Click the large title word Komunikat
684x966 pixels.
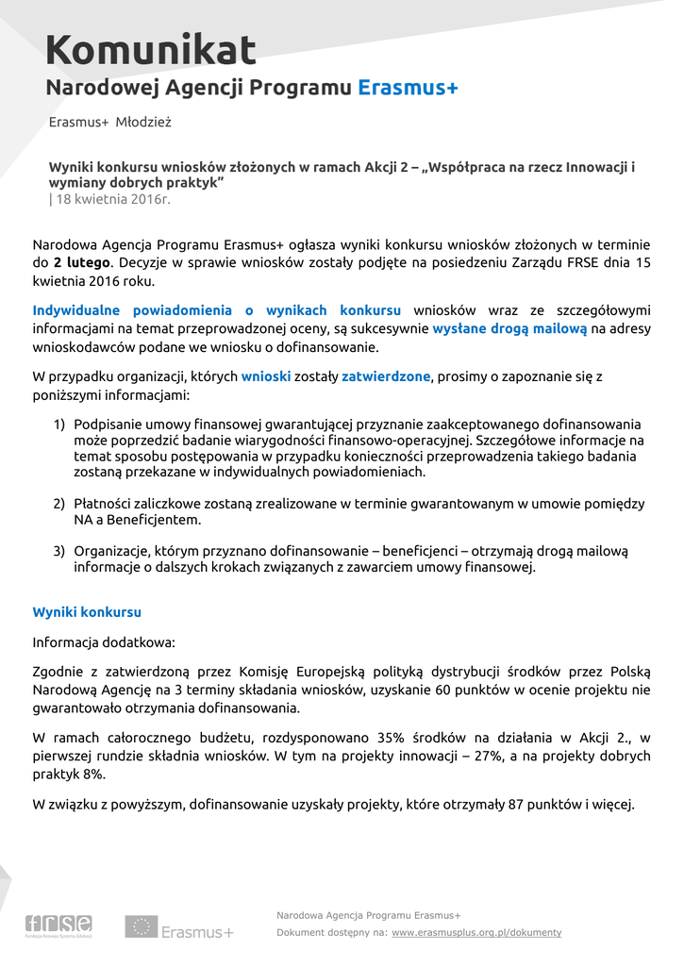(x=151, y=50)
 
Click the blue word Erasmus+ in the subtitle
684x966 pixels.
(x=408, y=89)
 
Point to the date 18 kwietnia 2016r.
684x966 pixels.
(x=113, y=199)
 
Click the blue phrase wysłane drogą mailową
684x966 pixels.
(x=509, y=328)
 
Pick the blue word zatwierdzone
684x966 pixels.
(x=386, y=376)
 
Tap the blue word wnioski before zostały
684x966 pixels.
(x=265, y=376)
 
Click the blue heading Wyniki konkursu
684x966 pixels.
(x=87, y=612)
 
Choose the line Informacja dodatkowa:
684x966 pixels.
(x=104, y=642)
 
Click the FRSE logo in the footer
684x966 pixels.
(x=58, y=925)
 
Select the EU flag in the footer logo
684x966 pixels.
(x=142, y=927)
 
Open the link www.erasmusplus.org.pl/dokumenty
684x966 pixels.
(x=476, y=933)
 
